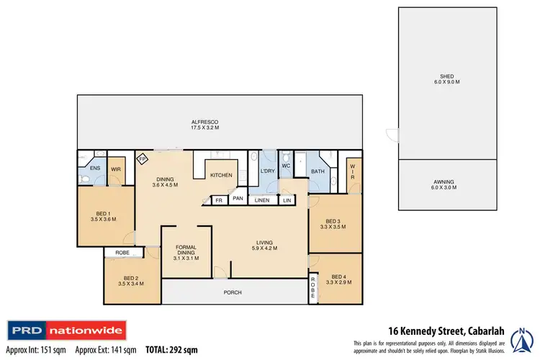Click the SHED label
pyautogui.click(x=447, y=79)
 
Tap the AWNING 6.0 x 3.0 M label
pyautogui.click(x=447, y=184)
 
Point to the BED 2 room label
pyautogui.click(x=131, y=279)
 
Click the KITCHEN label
pyautogui.click(x=220, y=175)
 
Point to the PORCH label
pyautogui.click(x=232, y=292)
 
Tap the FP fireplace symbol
pyautogui.click(x=143, y=158)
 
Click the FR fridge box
pyautogui.click(x=218, y=199)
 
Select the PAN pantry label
pyautogui.click(x=238, y=199)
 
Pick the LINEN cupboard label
pyautogui.click(x=262, y=199)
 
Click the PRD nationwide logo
pyautogui.click(x=66, y=331)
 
